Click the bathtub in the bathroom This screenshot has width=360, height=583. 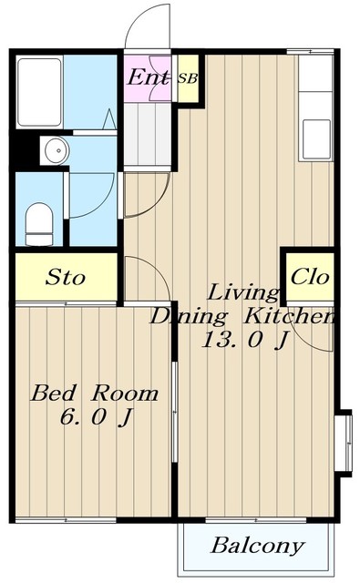(x=39, y=92)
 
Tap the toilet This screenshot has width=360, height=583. (x=39, y=224)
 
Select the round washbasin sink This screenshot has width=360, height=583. (x=57, y=150)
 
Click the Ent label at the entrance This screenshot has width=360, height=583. (x=148, y=77)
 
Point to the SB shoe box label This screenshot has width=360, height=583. (x=188, y=78)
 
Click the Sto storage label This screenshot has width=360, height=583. (x=66, y=277)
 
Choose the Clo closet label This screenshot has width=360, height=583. (x=310, y=277)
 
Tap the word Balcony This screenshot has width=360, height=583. (x=257, y=547)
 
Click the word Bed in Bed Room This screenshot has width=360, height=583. (x=54, y=394)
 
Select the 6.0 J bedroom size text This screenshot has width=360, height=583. (x=96, y=417)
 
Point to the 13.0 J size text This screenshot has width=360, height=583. (x=245, y=340)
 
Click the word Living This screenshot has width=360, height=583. (x=242, y=292)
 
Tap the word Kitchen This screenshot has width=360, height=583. (x=289, y=316)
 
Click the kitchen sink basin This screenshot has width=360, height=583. (x=316, y=139)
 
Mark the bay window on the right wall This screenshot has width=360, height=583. (x=344, y=444)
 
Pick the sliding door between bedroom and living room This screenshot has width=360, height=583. (x=175, y=412)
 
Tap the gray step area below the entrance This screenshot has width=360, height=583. (x=148, y=135)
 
